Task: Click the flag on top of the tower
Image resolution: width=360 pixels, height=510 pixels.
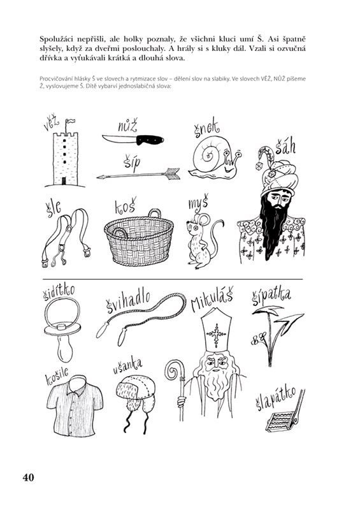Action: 70,121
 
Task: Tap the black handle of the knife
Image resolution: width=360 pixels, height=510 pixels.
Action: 150,140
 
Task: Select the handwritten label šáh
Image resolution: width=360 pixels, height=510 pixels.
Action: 285,147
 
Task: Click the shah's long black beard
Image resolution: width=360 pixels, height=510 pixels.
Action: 273,228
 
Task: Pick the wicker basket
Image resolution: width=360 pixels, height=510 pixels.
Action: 139,237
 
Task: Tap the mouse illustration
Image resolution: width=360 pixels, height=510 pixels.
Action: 203,240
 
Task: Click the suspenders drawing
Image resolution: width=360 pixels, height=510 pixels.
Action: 66,237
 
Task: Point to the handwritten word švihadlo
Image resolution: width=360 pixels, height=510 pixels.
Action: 128,302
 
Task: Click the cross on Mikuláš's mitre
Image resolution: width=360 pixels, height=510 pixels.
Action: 215,334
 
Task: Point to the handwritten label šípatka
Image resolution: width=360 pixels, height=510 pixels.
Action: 271,297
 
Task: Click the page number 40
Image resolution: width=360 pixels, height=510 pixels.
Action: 28,477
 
